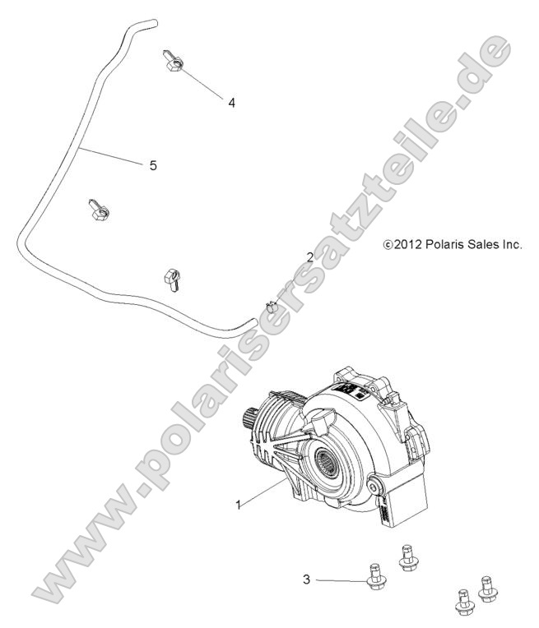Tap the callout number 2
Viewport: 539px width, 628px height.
pos(309,256)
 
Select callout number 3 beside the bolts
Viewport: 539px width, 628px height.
pos(306,580)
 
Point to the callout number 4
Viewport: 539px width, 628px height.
pos(231,103)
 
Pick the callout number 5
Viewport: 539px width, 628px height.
pos(153,165)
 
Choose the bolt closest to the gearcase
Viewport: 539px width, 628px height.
pos(406,556)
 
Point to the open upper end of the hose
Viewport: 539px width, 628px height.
pos(151,22)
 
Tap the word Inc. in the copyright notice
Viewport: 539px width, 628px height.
pos(510,245)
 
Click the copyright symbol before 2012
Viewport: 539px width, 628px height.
pos(388,245)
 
